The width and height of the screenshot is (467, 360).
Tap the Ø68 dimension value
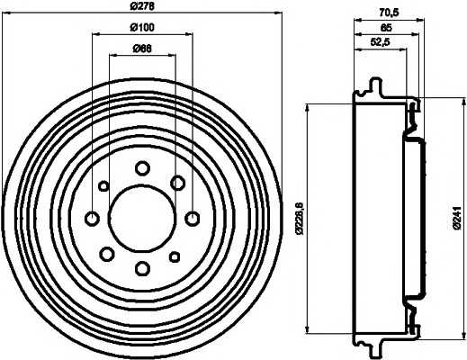point(142,48)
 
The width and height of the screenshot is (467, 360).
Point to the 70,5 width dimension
point(390,13)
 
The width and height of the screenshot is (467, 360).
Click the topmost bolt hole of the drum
point(142,167)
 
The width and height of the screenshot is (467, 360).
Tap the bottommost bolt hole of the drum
point(142,266)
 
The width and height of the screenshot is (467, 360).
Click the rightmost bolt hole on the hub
point(192,218)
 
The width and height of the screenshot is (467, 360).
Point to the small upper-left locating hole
point(103,186)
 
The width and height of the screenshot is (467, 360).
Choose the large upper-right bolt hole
point(177,183)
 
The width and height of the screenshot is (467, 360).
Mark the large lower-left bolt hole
point(107,252)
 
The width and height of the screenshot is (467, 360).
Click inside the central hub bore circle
point(142,218)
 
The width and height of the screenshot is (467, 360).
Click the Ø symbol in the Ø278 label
point(133,9)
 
